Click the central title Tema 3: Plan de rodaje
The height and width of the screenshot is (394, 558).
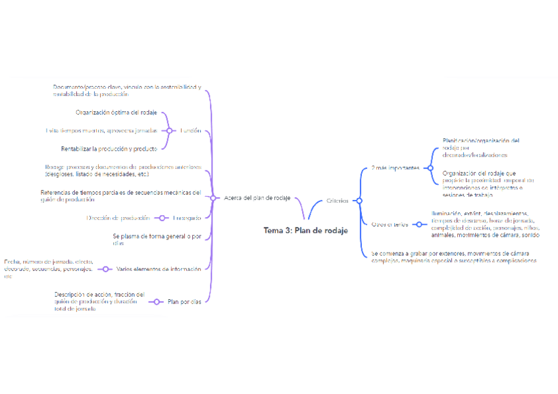305,230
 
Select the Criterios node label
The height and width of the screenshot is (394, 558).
338,200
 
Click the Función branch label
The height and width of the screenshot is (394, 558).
191,131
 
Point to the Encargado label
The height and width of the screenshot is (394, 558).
188,218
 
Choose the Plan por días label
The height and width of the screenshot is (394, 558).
185,302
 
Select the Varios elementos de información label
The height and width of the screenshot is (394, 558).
159,268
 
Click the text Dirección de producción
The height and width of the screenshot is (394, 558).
118,218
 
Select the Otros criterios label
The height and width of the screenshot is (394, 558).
390,224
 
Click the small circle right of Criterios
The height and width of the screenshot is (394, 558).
359,200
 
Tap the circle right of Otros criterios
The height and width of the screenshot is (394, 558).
419,224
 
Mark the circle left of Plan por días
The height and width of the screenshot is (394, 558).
158,302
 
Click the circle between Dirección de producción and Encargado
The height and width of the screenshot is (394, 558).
162,218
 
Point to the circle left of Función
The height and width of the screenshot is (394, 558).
169,131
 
